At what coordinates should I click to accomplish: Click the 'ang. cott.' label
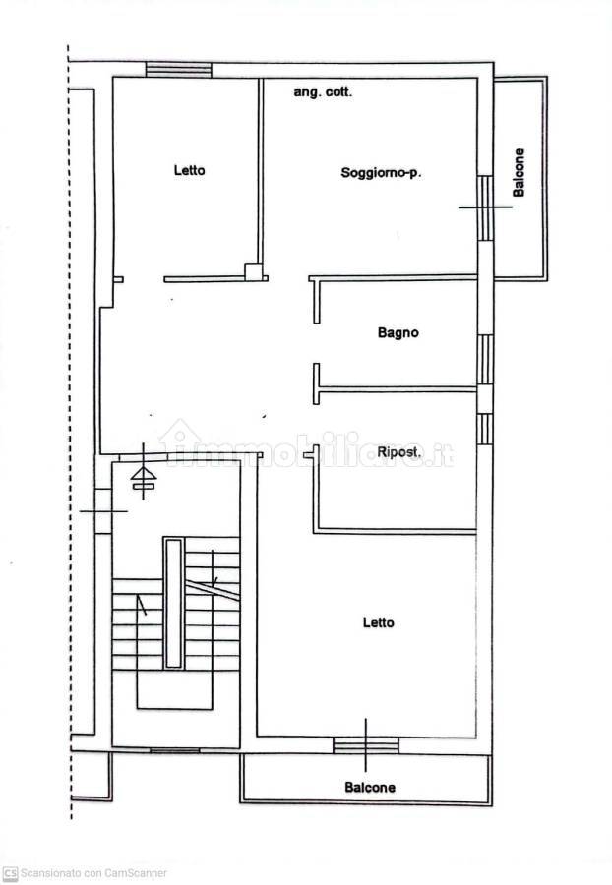pos(323,92)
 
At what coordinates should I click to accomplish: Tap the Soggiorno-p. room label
pos(381,173)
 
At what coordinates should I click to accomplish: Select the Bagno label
pos(398,333)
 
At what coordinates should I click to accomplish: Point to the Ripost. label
pos(399,452)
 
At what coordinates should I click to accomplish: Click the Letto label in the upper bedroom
pos(189,170)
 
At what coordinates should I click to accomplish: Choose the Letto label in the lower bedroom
pos(378,622)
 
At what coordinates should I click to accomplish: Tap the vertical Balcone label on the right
pos(519,173)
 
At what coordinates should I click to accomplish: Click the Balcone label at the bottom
pos(370,788)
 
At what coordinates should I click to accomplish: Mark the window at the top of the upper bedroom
pos(178,70)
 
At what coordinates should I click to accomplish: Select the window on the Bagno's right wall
pos(484,360)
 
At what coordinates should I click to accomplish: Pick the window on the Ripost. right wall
pos(484,429)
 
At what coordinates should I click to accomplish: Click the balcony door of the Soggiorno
pos(485,208)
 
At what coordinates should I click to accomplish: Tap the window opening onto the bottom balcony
pos(366,745)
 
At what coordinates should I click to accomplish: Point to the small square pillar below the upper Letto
pos(252,272)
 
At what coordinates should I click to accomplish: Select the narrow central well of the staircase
pos(174,604)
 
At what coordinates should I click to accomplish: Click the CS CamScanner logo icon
pos(10,874)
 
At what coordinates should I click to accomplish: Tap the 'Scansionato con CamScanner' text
pos(93,874)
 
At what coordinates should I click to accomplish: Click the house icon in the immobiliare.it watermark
pos(179,441)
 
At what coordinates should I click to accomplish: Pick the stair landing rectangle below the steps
pos(174,689)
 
